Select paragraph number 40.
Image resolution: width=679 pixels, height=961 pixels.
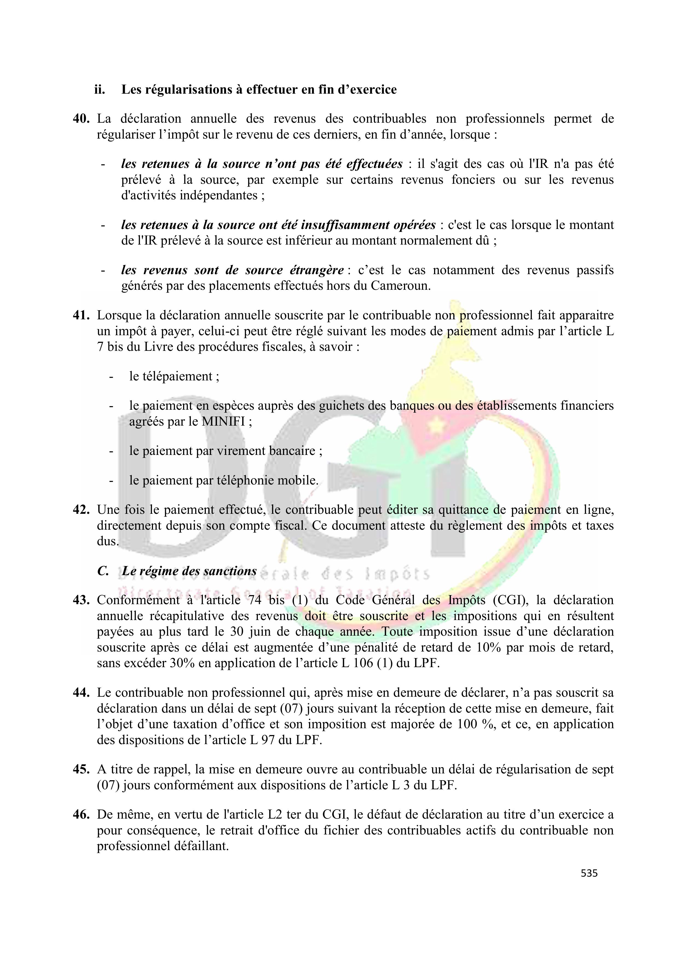coord(82,119)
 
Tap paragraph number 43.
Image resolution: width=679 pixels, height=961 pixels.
coord(82,600)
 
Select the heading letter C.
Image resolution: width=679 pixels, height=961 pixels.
coord(103,571)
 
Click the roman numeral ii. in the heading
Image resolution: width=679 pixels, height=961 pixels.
coord(100,90)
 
